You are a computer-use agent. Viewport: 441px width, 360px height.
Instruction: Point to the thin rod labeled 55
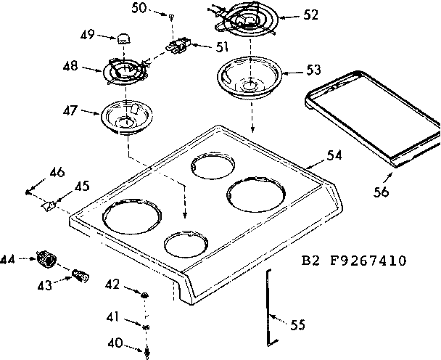point(269,305)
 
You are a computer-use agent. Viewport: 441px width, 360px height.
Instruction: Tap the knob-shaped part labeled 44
point(49,258)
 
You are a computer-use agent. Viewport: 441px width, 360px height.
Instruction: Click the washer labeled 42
point(145,294)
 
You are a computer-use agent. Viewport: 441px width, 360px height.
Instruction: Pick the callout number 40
point(115,343)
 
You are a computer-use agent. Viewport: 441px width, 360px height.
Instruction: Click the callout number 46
point(57,172)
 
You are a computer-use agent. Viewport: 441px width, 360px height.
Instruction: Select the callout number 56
point(382,192)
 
